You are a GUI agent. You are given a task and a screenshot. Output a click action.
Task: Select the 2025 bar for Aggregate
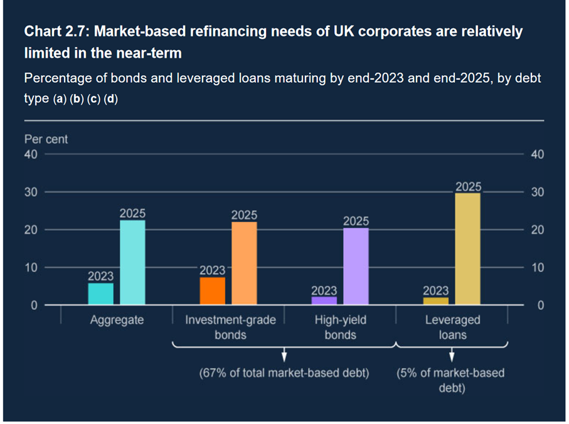click(x=132, y=263)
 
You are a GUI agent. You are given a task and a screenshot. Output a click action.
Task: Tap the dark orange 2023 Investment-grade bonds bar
click(x=212, y=291)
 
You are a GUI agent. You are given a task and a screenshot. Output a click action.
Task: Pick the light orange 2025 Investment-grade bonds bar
click(x=244, y=263)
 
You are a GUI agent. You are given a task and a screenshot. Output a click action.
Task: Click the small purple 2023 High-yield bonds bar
click(x=324, y=301)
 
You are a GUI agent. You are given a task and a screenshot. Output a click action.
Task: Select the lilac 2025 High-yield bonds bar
click(x=356, y=267)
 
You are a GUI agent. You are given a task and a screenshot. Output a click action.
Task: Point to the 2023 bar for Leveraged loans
click(x=435, y=301)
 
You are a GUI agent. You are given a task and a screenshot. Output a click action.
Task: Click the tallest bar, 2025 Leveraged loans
click(x=467, y=249)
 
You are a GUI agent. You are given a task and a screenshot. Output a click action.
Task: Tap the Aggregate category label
click(x=117, y=320)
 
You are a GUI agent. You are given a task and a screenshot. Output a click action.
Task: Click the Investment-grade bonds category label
click(x=230, y=327)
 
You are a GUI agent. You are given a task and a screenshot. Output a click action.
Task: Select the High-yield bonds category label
click(x=340, y=327)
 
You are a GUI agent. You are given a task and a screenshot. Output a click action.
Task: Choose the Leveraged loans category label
click(x=452, y=327)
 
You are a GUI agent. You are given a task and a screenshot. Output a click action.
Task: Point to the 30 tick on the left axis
click(x=31, y=192)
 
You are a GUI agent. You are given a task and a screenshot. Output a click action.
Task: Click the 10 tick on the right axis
click(x=537, y=268)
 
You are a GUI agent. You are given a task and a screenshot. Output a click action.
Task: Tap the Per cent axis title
click(x=46, y=139)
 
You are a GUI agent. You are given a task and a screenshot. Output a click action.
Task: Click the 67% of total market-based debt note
click(x=284, y=373)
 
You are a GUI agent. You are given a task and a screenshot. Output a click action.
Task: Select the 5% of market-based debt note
click(x=450, y=381)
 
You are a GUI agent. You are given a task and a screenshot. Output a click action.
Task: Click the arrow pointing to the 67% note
click(x=284, y=355)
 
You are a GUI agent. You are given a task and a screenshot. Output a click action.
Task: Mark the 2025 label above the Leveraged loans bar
click(x=468, y=186)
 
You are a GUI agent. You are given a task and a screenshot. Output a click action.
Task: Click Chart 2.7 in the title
click(x=53, y=31)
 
